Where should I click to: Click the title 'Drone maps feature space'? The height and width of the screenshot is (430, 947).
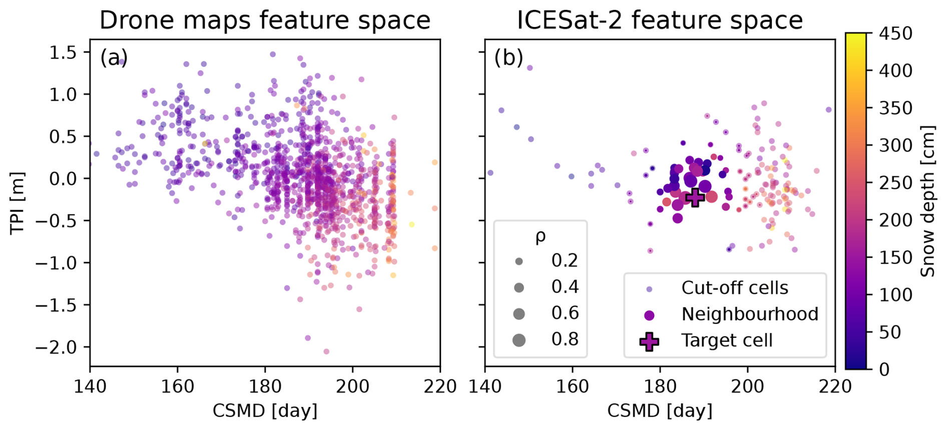click(265, 21)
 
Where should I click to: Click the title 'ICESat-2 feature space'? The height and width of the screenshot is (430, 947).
click(660, 21)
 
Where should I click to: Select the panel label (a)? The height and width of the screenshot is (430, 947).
click(114, 58)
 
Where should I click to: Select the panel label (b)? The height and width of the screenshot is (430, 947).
click(509, 58)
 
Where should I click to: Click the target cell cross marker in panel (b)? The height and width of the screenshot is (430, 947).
click(695, 197)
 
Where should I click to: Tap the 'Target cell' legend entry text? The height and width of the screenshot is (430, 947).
click(727, 340)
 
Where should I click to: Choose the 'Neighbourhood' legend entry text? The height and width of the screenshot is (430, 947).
click(750, 314)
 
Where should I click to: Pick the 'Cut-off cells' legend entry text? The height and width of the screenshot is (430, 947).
click(734, 288)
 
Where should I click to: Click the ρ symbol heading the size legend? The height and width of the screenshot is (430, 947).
click(540, 236)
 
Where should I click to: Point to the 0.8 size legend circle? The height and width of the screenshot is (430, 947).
click(519, 340)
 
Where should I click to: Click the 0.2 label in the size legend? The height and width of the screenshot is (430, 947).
click(565, 260)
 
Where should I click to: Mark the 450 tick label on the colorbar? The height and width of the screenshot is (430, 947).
click(895, 34)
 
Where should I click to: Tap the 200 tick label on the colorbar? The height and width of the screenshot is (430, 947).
click(895, 220)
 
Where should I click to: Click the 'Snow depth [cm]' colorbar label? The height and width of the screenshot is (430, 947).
click(927, 201)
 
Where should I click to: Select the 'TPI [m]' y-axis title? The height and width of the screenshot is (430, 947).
click(18, 202)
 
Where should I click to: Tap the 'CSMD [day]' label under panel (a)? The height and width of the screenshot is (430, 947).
click(265, 411)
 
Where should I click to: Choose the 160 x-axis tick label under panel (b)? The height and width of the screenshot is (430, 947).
click(573, 386)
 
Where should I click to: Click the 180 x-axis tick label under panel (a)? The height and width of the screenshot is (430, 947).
click(265, 386)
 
